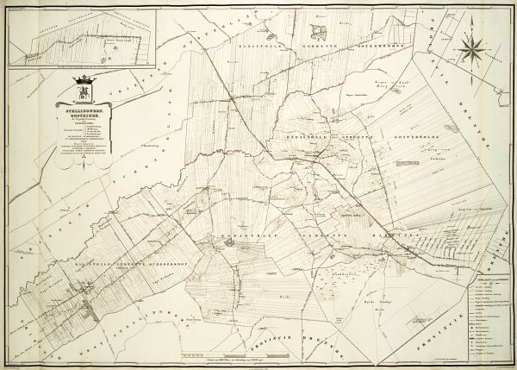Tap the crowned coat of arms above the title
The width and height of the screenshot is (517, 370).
click(84, 88)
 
